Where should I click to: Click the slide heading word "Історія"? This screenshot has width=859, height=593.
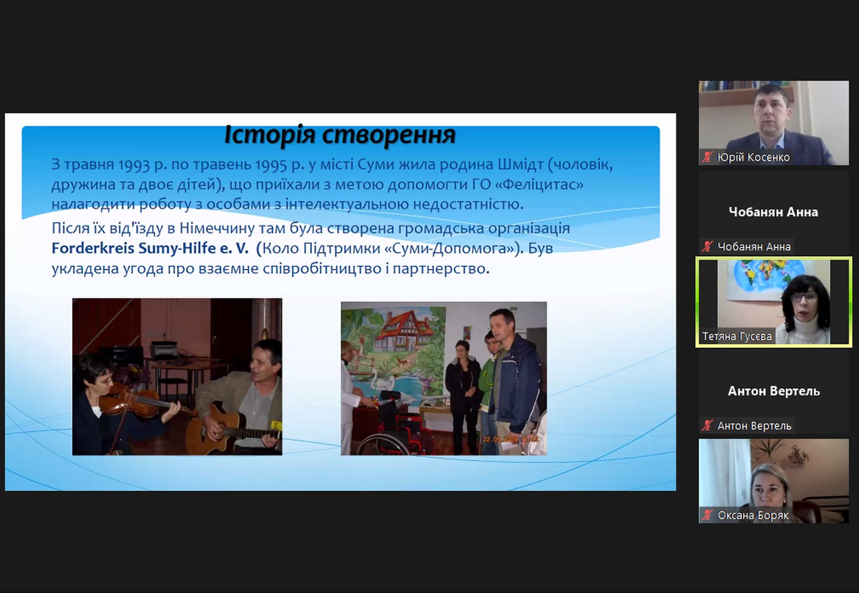click(x=269, y=135)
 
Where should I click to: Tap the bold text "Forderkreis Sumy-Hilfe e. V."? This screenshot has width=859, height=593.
click(x=150, y=248)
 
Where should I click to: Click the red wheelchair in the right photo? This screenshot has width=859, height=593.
click(x=391, y=426)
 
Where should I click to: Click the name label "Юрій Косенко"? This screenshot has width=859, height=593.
click(x=753, y=157)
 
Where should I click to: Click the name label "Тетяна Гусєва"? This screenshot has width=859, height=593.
click(x=737, y=336)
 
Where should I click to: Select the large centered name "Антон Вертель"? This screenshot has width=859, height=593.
click(x=773, y=391)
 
